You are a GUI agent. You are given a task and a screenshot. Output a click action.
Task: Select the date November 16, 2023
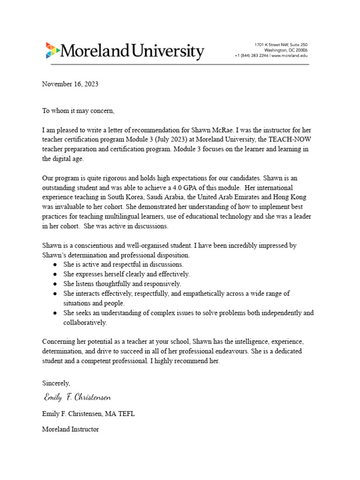coord(70,84)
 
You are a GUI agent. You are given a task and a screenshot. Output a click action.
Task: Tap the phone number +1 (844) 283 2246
coord(252,55)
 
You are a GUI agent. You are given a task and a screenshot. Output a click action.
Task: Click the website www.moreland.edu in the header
coord(290,55)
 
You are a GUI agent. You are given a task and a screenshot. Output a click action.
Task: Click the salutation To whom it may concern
coord(78,111)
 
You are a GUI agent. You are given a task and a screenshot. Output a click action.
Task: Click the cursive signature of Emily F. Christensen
coord(77,397)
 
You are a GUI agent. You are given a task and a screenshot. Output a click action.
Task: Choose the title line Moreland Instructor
coord(70,429)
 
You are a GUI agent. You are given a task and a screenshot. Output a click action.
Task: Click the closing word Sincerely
coord(56,382)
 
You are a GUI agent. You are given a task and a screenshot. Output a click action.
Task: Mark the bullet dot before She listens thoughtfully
coord(55,284)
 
